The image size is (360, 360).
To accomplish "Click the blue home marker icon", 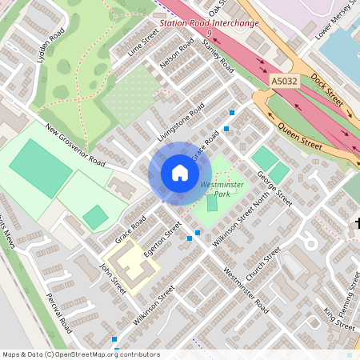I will [180, 173].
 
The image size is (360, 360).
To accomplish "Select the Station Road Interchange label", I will [209, 23].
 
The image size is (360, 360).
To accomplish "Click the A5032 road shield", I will [283, 82].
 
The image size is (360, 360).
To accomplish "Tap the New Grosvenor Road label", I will [76, 146].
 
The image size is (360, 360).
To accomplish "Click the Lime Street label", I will [143, 43].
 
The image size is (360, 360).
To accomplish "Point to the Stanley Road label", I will [217, 55].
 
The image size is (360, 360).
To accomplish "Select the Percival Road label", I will [58, 313].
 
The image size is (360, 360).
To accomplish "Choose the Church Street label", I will [264, 263].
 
